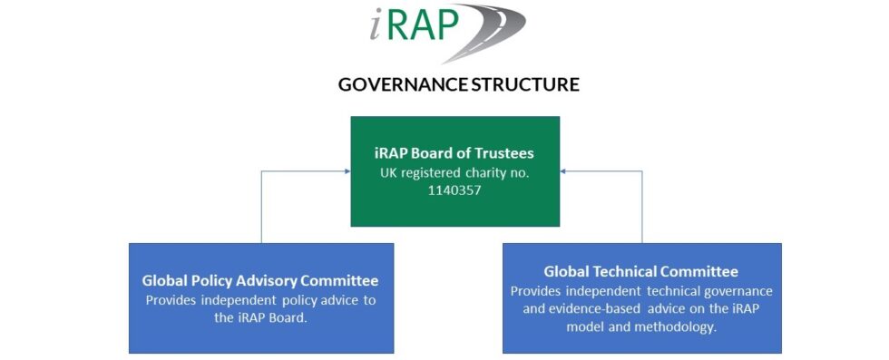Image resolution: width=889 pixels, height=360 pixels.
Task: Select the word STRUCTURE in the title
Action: pyautogui.click(x=524, y=85)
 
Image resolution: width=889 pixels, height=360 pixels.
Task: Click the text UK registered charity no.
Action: pyautogui.click(x=455, y=170)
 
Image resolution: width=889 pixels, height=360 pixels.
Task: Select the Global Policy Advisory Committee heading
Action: pyautogui.click(x=260, y=281)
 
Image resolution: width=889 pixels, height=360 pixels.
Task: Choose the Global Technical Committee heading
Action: pyautogui.click(x=641, y=271)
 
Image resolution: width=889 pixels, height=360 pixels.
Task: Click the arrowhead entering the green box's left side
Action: pyautogui.click(x=347, y=170)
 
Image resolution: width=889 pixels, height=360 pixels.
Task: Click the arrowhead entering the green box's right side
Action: pyautogui.click(x=563, y=170)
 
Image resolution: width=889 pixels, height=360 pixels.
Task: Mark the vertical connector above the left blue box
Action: pyautogui.click(x=261, y=207)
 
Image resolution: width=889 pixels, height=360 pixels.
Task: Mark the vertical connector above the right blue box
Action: pyautogui.click(x=642, y=207)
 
